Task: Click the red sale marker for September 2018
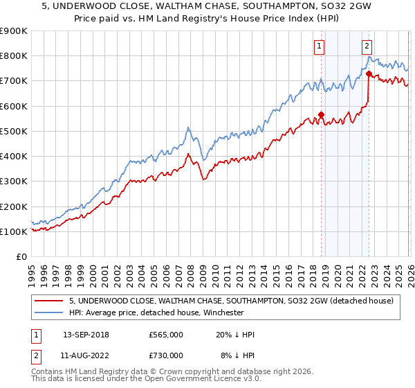click(321, 115)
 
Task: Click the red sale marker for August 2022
click(369, 73)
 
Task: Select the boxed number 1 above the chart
click(319, 46)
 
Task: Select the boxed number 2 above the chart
click(367, 46)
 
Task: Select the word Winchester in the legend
click(222, 312)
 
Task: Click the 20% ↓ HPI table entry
click(235, 335)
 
